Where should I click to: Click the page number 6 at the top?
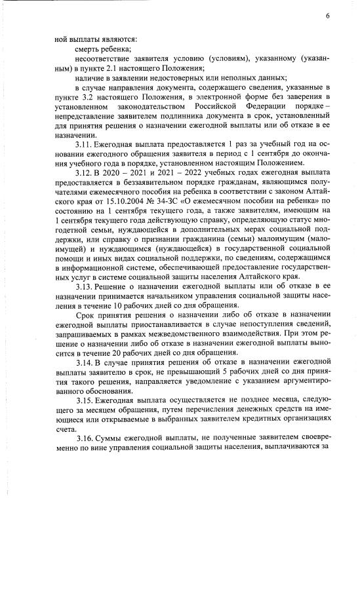(327, 16)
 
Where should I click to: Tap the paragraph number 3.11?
(86, 151)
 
